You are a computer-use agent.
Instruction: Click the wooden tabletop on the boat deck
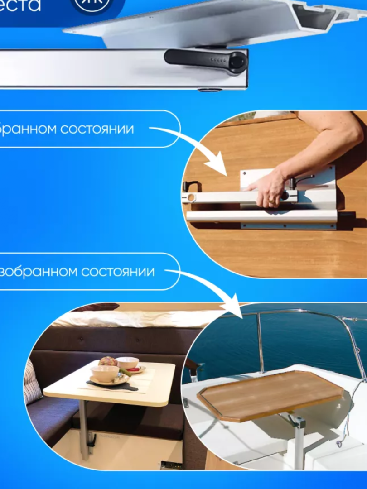(x=270, y=394)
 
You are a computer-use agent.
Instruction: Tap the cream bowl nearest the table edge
(x=104, y=374)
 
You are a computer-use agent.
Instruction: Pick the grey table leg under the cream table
(x=84, y=430)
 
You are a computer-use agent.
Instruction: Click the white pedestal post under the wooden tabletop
(x=298, y=448)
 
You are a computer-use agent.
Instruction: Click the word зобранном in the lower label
(x=39, y=272)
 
